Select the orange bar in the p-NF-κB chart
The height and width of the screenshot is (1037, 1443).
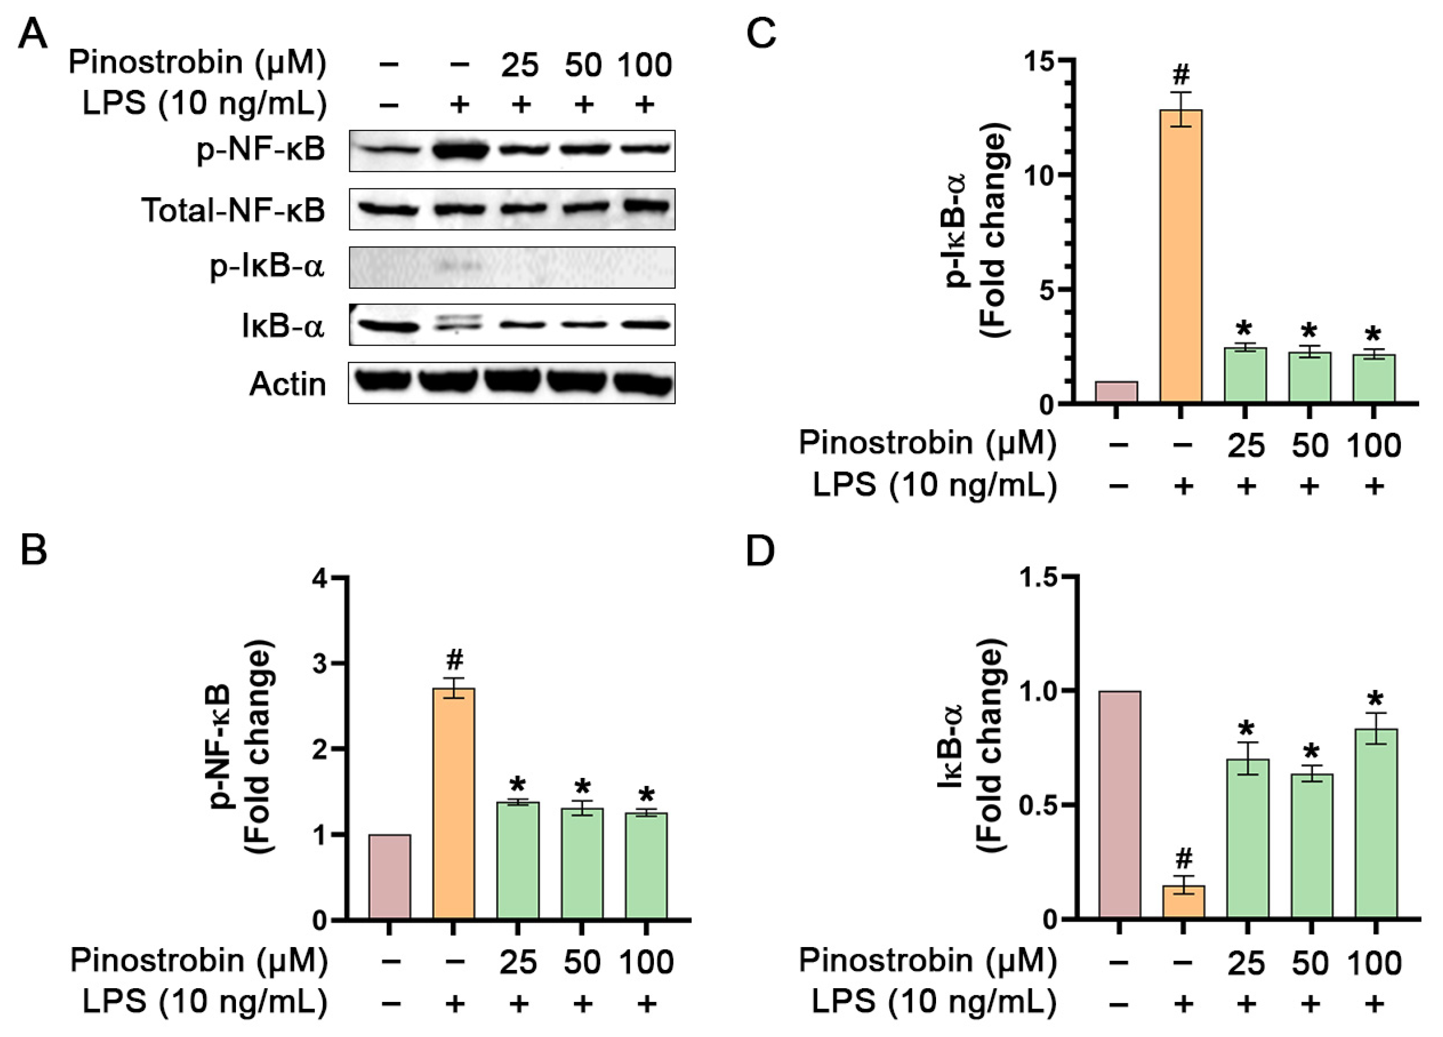coord(454,804)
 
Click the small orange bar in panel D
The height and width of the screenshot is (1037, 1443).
coord(1183,901)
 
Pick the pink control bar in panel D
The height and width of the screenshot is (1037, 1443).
coord(1119,804)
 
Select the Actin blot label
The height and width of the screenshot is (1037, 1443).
coord(288,384)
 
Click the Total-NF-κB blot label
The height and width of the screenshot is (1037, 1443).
coord(233,210)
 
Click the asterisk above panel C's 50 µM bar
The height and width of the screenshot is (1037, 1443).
coord(1309,331)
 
